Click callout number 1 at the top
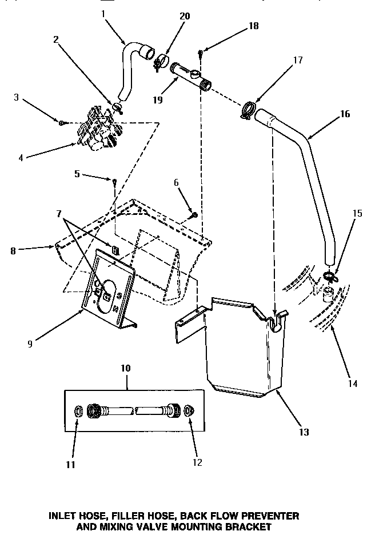click(103, 13)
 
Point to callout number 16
click(345, 113)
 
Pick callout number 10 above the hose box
click(126, 368)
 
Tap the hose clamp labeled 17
click(248, 109)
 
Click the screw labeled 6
click(194, 215)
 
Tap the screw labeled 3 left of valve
click(62, 122)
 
